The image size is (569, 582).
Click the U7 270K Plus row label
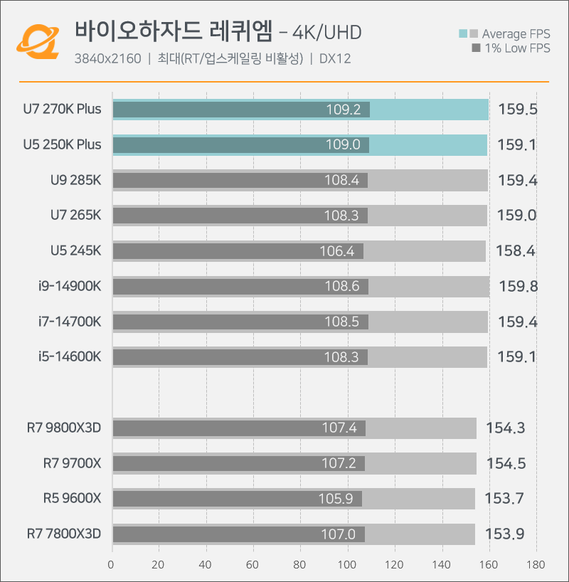click(62, 110)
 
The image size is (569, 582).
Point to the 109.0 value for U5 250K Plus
click(343, 145)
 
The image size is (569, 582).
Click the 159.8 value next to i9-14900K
click(518, 287)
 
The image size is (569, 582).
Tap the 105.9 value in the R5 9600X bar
click(336, 499)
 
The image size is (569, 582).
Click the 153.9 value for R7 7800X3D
click(505, 534)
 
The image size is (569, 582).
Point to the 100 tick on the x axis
click(348, 565)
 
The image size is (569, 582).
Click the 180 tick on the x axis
click(536, 565)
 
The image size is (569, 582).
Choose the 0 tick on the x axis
click(112, 565)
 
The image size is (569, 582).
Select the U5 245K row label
click(76, 250)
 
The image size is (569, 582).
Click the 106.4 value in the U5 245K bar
click(337, 251)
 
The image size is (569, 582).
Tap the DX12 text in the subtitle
click(335, 59)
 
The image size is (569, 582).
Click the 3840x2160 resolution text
click(107, 59)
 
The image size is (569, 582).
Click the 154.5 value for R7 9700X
click(506, 464)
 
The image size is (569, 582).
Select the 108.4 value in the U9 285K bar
click(341, 181)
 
